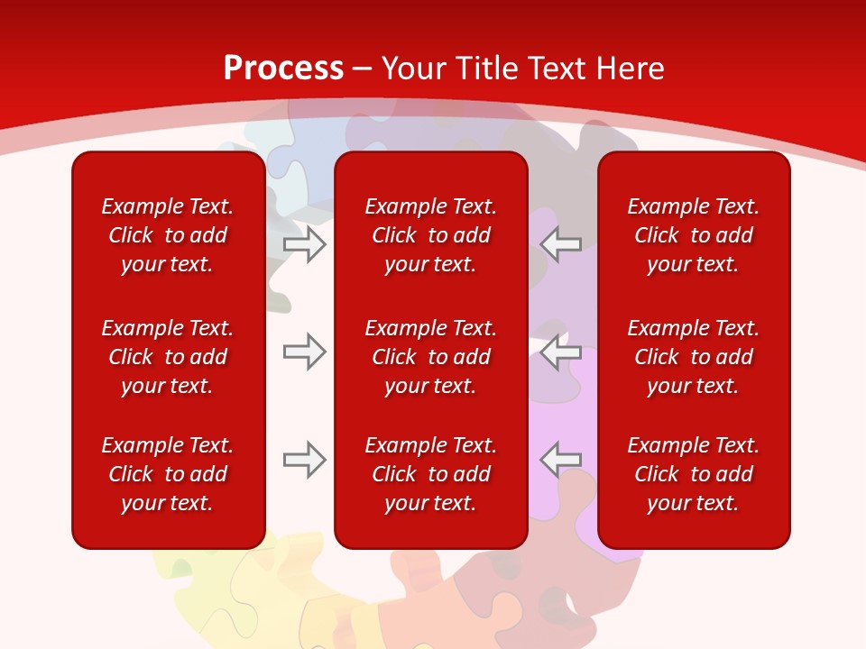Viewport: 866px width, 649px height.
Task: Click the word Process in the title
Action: [x=283, y=69]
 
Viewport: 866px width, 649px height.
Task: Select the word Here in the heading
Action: [x=629, y=69]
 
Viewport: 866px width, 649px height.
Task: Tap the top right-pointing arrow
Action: [x=304, y=244]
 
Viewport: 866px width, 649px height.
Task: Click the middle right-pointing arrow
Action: [x=304, y=352]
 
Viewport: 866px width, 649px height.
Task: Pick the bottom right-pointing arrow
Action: [x=304, y=460]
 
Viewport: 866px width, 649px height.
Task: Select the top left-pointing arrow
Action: [x=561, y=244]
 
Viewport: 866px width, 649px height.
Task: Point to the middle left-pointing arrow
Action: [x=561, y=352]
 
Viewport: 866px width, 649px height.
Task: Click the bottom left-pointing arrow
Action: [x=561, y=460]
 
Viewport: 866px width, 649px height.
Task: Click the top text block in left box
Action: [x=168, y=235]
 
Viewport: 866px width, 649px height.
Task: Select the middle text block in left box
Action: [x=168, y=357]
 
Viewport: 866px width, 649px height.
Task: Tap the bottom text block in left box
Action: [x=168, y=474]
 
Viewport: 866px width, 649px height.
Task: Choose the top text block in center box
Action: [x=431, y=235]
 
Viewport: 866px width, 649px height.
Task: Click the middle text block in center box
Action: [x=431, y=357]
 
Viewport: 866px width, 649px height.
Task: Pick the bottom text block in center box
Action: [x=431, y=474]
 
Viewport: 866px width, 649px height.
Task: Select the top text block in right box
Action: [x=694, y=235]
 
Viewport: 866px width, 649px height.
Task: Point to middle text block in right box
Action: [x=694, y=357]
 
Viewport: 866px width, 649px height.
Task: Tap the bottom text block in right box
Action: [x=694, y=474]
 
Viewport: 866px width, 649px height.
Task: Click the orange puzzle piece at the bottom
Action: [x=424, y=595]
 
